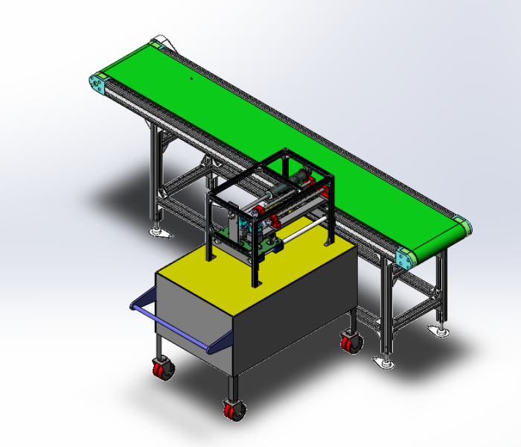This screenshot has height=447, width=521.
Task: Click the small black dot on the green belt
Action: (191, 76)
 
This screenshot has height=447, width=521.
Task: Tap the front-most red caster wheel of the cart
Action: (234, 409)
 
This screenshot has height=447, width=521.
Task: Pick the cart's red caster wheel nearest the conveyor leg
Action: (350, 343)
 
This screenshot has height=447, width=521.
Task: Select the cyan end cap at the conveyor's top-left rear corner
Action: (157, 43)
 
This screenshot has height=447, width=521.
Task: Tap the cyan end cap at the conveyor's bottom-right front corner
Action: (406, 259)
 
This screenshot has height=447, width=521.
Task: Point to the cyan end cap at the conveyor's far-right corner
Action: (463, 225)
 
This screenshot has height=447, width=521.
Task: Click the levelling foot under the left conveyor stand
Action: (160, 233)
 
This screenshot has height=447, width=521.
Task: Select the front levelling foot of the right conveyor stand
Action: (385, 362)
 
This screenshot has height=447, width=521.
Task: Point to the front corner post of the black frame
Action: (257, 261)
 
